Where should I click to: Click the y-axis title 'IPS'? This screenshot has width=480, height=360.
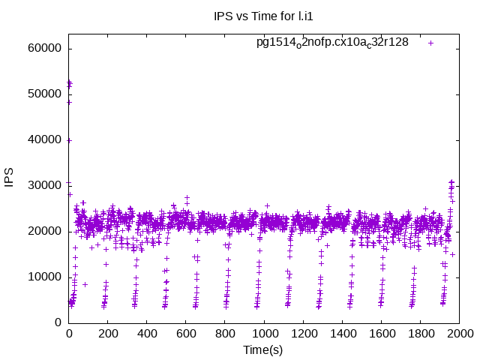click(10, 178)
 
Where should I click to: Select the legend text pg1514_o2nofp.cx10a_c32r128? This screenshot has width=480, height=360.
click(332, 42)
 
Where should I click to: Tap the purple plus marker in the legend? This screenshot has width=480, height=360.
click(431, 43)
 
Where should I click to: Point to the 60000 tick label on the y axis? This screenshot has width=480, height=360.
click(43, 49)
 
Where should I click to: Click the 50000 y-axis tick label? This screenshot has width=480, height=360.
click(43, 94)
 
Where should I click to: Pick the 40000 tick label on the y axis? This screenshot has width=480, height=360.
click(43, 140)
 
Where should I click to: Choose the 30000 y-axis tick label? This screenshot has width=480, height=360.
click(43, 186)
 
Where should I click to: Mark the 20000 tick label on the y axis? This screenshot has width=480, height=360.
click(43, 231)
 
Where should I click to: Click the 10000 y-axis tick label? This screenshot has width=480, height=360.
click(43, 277)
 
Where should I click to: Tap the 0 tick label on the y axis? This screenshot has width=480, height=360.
click(58, 322)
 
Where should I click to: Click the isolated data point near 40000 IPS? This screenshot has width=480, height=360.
click(69, 140)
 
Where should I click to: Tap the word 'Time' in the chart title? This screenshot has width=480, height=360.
click(265, 16)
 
